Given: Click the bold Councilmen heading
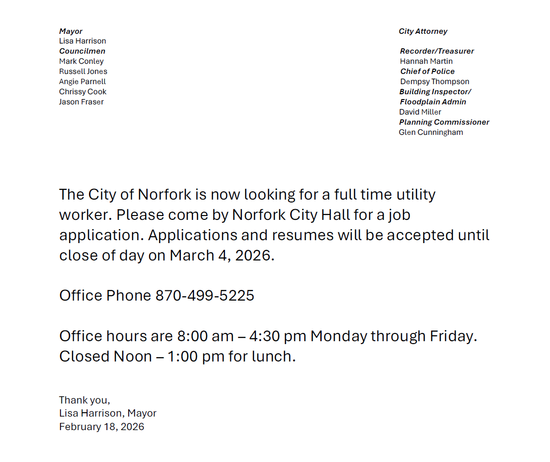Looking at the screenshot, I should pos(82,51).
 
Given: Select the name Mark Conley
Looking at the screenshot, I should pos(81,61).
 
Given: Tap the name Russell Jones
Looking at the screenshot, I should pos(83,72).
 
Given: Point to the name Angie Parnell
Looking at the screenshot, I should pos(82,82).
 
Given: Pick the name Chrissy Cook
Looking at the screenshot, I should pos(83,92).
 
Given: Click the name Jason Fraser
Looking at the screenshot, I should pos(81,102).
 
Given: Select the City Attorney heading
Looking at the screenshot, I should pos(423,31).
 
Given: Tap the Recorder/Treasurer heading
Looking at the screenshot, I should pos(437,51).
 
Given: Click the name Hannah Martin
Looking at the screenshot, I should pos(426,61).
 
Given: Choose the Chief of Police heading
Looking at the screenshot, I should pos(427,72).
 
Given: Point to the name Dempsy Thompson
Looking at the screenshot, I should pos(434,82).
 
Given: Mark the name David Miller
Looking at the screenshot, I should pos(420,112).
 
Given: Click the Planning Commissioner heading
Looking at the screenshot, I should pos(444,122).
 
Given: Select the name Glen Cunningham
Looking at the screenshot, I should pos(431,132).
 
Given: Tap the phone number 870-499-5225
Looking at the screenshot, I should pos(205,295).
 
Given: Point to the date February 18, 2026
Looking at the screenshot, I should pos(102,427).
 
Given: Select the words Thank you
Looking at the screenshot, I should pos(84,400).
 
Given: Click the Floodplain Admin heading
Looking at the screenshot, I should pos(433,102).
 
